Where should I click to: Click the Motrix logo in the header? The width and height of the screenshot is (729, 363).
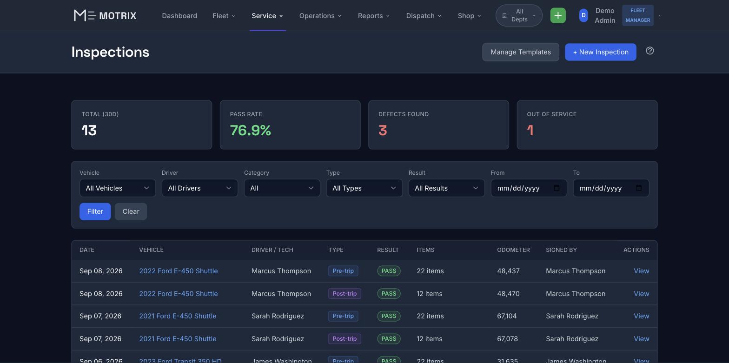tap(105, 15)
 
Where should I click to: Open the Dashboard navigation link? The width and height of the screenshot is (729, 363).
tap(179, 16)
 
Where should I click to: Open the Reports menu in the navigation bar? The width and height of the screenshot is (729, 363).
tap(374, 16)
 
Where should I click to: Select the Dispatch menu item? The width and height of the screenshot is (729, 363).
tap(424, 16)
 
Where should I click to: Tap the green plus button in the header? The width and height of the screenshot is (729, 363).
tap(558, 15)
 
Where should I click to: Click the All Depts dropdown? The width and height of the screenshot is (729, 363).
tap(519, 15)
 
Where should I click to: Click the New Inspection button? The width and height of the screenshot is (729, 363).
tap(601, 52)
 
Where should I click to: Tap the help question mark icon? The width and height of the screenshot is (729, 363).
tap(649, 51)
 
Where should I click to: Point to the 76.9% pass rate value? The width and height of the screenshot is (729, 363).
tap(250, 131)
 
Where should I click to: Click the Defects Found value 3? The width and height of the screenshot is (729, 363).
tap(383, 131)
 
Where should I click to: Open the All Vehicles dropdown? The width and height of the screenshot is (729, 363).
tap(118, 188)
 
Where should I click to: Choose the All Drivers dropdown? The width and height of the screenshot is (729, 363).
tap(200, 188)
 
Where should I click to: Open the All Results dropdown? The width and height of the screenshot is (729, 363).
tap(446, 188)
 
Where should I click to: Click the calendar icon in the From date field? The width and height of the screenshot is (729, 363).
tap(557, 188)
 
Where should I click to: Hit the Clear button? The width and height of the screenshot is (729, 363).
tap(131, 211)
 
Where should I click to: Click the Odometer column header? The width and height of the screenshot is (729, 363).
tap(513, 250)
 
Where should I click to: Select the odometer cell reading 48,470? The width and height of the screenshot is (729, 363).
tap(508, 293)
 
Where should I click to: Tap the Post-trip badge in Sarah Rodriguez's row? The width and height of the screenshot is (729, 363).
tap(345, 339)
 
